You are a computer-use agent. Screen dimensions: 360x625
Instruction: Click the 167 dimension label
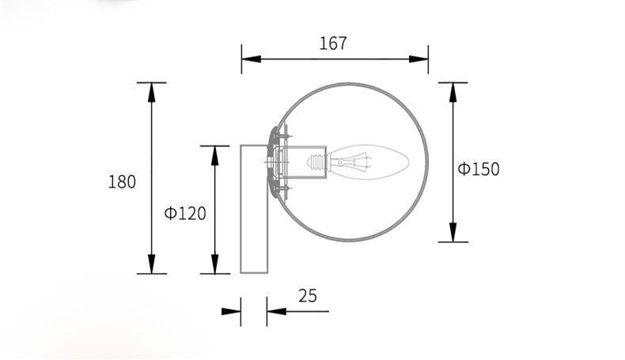pyautogui.click(x=333, y=44)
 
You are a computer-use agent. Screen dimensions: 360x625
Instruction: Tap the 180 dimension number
pyautogui.click(x=122, y=181)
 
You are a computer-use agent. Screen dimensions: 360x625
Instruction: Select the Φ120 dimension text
pyautogui.click(x=185, y=213)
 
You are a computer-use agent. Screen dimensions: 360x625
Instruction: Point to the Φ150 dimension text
pyautogui.click(x=479, y=169)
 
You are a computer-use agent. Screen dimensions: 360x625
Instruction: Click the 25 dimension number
pyautogui.click(x=308, y=296)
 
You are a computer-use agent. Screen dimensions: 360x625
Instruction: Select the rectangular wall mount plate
pyautogui.click(x=256, y=209)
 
